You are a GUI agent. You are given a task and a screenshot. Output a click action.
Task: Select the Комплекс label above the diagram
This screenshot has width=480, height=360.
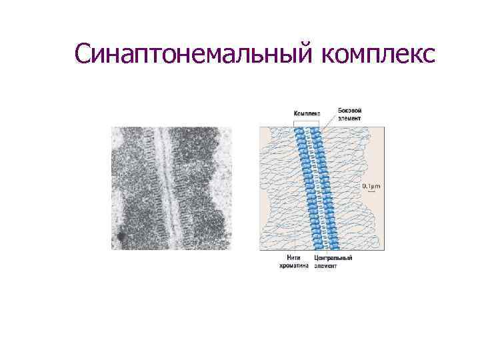pos(306,113)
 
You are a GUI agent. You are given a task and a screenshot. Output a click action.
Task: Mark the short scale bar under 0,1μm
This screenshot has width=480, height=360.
pos(370,193)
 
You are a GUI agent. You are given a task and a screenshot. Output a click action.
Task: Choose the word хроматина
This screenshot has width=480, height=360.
pos(294,266)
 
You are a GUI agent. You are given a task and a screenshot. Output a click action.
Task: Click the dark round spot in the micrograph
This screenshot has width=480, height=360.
pos(121,236)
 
